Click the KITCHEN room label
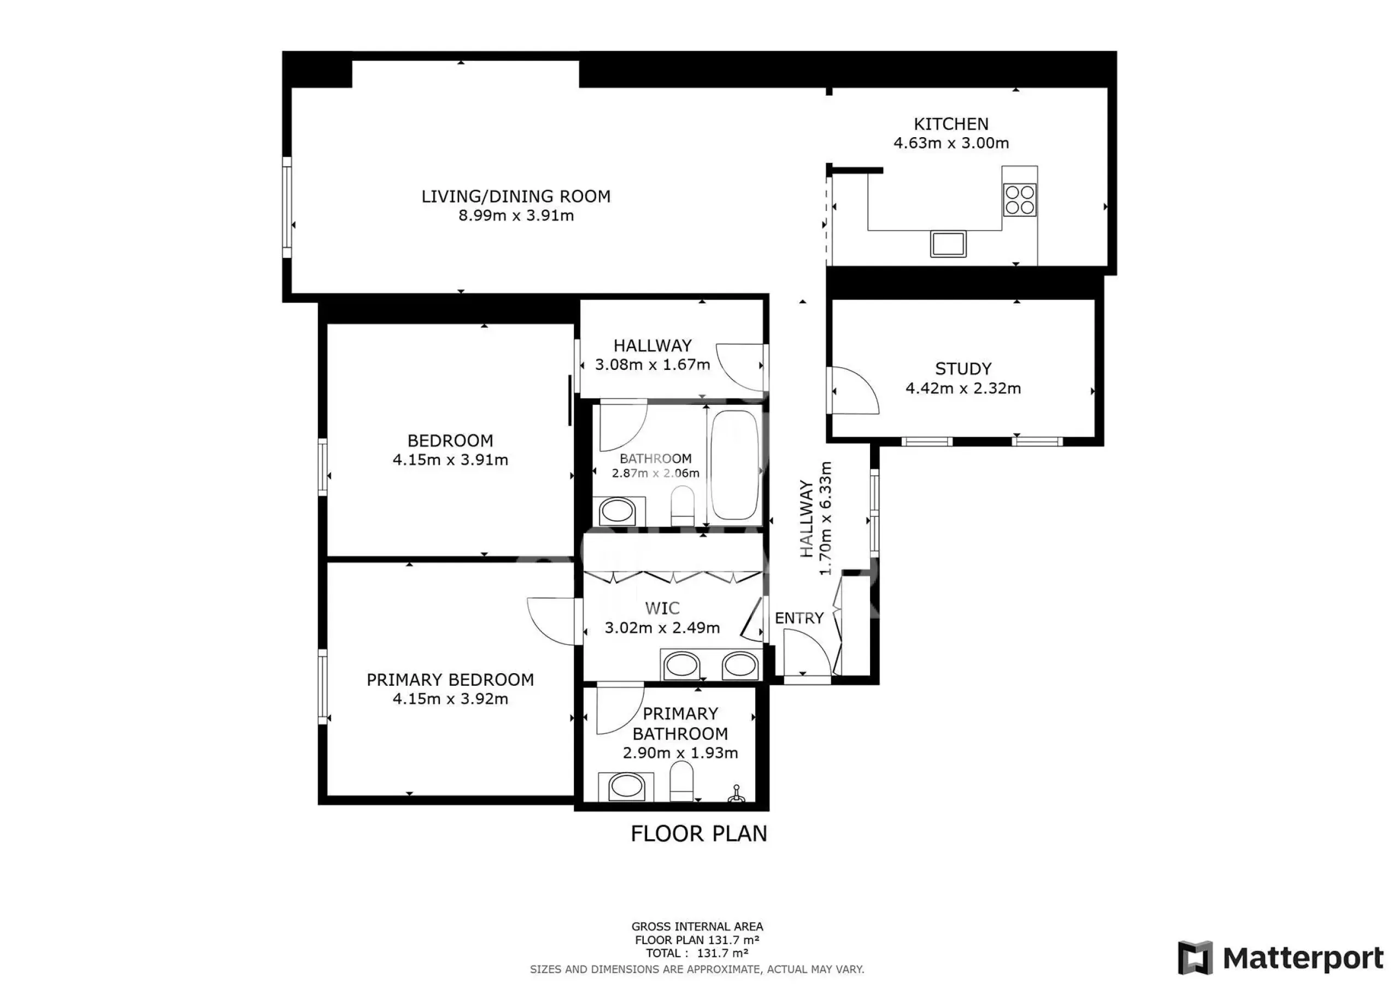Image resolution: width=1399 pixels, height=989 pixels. coord(950,125)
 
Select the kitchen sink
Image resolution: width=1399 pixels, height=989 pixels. coord(948,244)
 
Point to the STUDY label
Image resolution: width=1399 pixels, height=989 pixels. coord(963,369)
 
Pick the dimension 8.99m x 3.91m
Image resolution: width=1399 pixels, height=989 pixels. coord(516,215)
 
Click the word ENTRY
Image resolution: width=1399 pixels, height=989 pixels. coord(799,618)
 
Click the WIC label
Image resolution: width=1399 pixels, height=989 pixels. coord(662,608)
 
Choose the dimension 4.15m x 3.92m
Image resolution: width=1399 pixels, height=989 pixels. coord(450,698)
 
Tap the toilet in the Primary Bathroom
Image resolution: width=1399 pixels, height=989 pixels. coord(681,785)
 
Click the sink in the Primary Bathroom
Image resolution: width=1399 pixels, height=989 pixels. coord(626,787)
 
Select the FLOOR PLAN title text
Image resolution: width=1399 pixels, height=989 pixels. coord(699,834)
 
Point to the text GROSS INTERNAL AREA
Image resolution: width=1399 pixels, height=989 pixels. coord(697,926)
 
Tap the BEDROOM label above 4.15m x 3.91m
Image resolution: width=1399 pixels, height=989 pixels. coord(450,440)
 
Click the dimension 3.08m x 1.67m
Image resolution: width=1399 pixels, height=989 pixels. coord(653,365)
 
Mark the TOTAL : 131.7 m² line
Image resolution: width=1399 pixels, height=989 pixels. coord(697,953)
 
